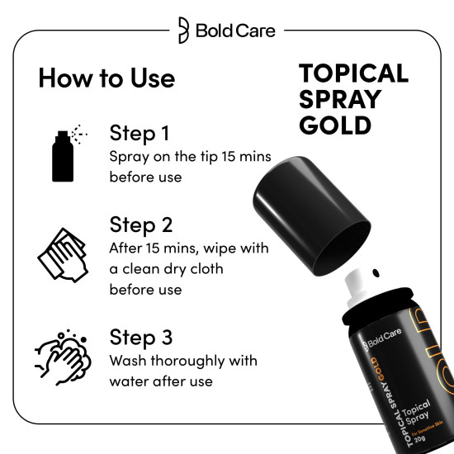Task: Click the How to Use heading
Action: coord(106,78)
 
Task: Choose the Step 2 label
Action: coord(144,225)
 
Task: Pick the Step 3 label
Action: coord(144,339)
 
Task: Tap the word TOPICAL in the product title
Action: coord(353,73)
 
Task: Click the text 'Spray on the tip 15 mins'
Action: coord(190,157)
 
